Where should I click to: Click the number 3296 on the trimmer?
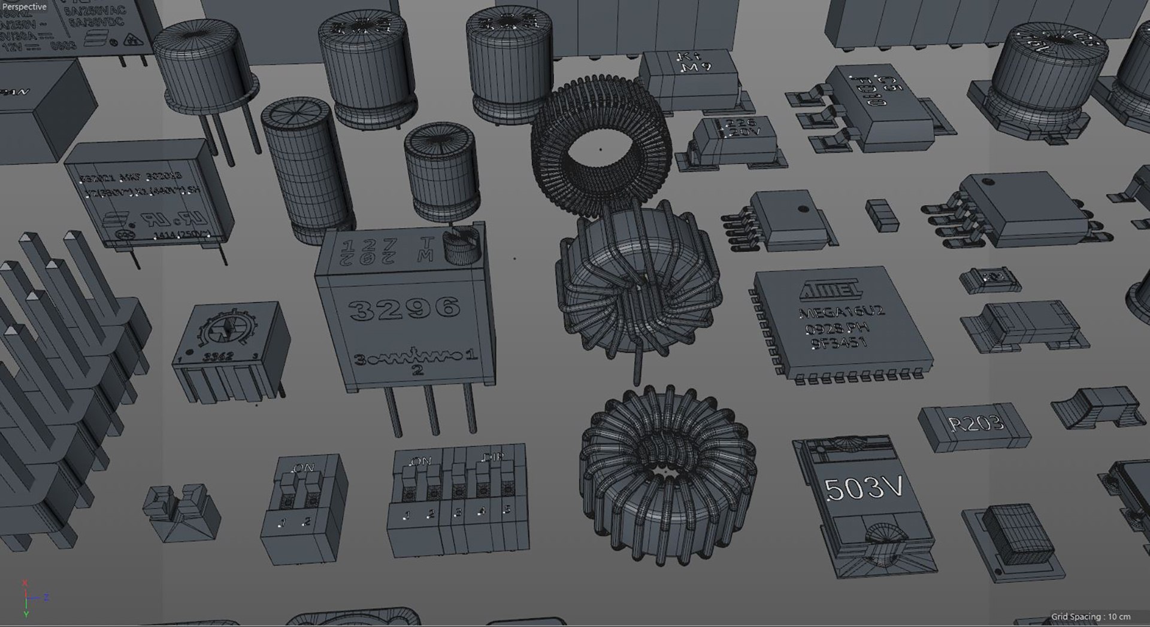click(405, 308)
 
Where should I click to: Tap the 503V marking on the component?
click(863, 489)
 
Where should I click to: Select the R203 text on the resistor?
click(976, 424)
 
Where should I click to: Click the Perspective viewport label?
click(25, 7)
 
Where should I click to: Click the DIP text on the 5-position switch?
click(492, 458)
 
